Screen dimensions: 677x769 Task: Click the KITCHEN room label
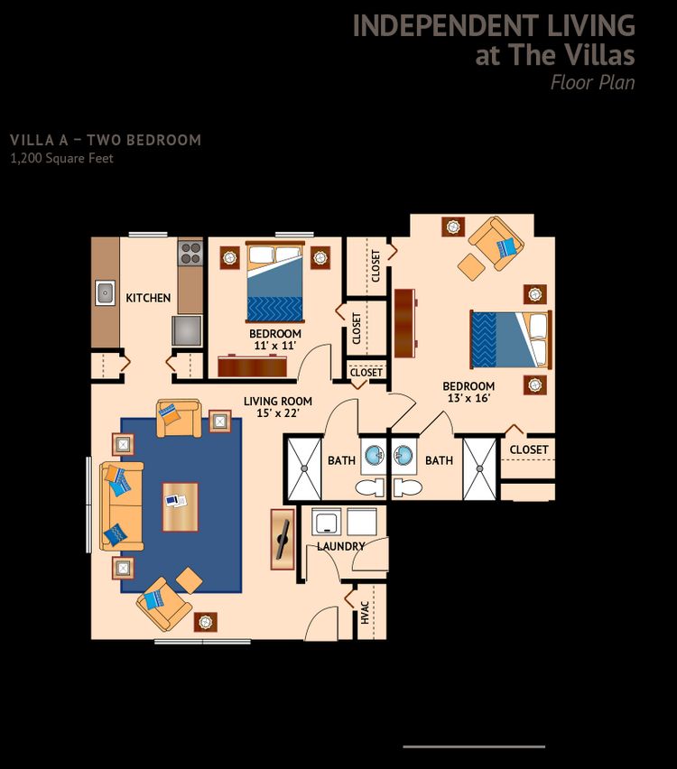148,298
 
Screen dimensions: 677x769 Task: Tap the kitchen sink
105,292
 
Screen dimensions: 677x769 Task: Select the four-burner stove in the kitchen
190,253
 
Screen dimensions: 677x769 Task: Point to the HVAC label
365,613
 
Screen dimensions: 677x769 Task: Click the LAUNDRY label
341,546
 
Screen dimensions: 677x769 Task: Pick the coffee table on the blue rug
181,507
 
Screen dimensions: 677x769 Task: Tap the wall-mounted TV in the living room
283,539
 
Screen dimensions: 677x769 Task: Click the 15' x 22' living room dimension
278,413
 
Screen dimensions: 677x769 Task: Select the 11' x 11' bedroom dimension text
274,346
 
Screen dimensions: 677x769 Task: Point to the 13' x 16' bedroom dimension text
468,398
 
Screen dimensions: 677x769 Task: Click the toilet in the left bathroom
370,488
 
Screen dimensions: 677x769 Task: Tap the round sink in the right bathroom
403,455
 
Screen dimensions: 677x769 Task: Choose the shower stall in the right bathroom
479,468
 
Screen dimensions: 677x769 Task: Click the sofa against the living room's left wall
121,505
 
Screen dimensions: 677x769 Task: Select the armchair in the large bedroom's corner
496,244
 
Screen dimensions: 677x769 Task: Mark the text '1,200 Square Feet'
61,159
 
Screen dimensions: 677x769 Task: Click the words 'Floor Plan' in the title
593,82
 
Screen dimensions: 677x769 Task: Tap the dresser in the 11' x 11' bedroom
252,366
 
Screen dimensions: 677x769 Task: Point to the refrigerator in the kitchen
187,330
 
